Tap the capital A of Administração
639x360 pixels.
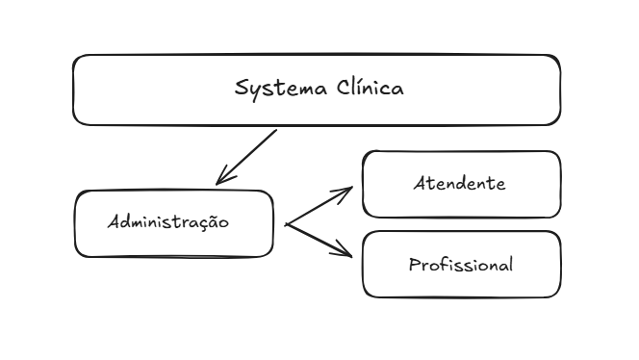[x=114, y=221]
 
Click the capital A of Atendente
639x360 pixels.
[x=420, y=183]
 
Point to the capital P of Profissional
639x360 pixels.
[x=414, y=264]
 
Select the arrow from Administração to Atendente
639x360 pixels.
[x=319, y=206]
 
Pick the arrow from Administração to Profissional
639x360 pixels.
[x=319, y=240]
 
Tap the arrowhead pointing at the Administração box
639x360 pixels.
[x=221, y=179]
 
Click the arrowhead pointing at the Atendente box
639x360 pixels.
[x=348, y=191]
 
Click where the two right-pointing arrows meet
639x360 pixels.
[x=287, y=224]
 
